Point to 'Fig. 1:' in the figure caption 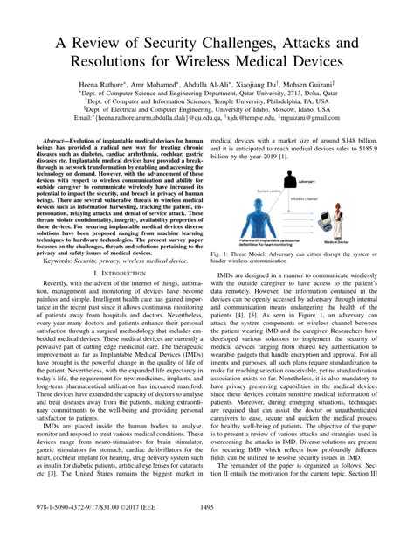coord(224,252)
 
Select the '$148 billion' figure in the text coord(347,140)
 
